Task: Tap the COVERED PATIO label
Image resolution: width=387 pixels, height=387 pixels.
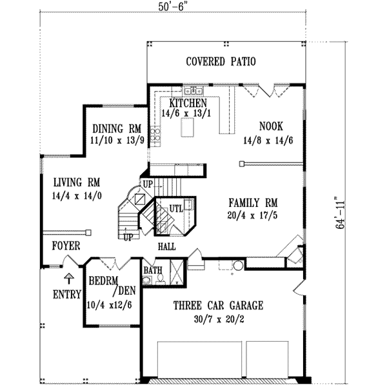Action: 221,62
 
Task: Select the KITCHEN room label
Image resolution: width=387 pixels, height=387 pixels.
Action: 188,103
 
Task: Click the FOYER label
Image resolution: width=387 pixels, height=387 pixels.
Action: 66,246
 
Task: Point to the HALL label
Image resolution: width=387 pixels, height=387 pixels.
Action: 166,246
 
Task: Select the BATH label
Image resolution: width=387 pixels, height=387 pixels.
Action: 153,270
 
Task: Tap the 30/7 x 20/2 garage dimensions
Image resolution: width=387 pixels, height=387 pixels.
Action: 220,317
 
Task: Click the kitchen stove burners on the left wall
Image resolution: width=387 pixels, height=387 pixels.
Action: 155,135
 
